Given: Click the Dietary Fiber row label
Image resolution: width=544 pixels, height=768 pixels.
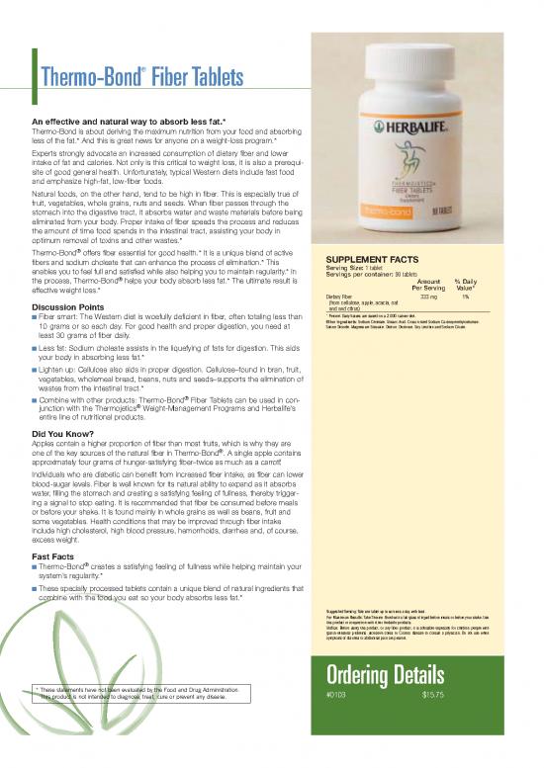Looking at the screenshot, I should [340, 295].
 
